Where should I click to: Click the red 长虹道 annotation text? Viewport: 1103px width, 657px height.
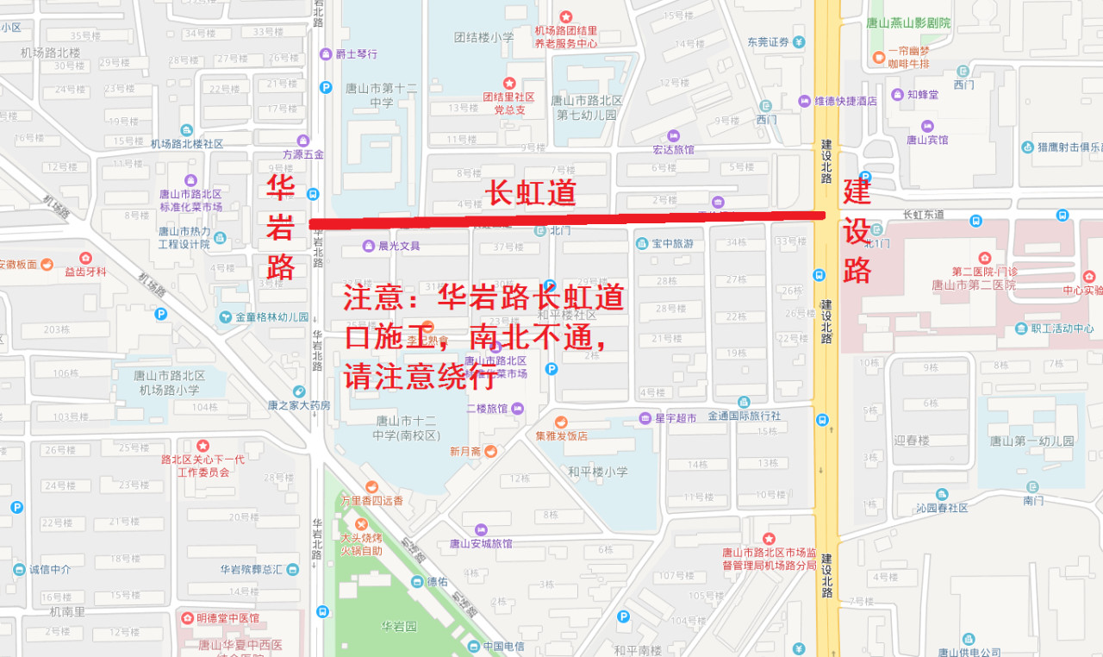pyautogui.click(x=532, y=192)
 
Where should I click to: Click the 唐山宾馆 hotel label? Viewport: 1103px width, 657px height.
pyautogui.click(x=927, y=139)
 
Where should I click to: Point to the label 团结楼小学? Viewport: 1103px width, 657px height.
pyautogui.click(x=483, y=37)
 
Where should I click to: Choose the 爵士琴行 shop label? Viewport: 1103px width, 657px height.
pyautogui.click(x=356, y=53)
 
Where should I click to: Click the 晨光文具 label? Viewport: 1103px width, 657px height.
pyautogui.click(x=398, y=246)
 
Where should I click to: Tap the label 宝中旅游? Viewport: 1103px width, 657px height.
pyautogui.click(x=671, y=244)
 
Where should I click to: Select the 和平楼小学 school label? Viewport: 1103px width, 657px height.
pyautogui.click(x=597, y=472)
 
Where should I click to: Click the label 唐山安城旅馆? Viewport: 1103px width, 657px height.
pyautogui.click(x=481, y=543)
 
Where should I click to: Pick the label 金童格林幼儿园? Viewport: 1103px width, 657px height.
pyautogui.click(x=271, y=316)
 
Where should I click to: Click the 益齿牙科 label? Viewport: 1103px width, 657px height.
pyautogui.click(x=85, y=272)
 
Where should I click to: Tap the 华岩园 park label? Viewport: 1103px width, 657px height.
pyautogui.click(x=399, y=626)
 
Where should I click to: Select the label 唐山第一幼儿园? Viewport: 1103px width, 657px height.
pyautogui.click(x=1031, y=441)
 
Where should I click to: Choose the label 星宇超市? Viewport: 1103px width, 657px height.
pyautogui.click(x=676, y=418)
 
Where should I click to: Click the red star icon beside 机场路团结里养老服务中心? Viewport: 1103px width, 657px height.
pyautogui.click(x=566, y=16)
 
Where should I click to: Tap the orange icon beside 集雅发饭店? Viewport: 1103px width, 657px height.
pyautogui.click(x=561, y=422)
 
